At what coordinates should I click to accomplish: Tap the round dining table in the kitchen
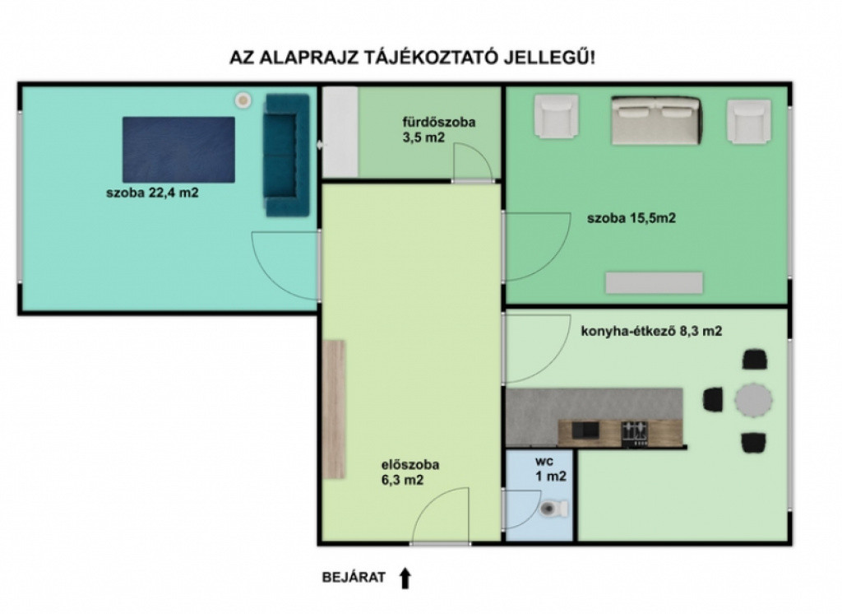coord(753,400)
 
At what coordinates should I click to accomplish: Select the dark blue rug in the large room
coord(178,150)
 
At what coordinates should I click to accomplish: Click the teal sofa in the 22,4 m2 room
coord(286,155)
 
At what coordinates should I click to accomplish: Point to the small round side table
coord(243,100)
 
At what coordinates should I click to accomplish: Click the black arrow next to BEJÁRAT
coord(405,578)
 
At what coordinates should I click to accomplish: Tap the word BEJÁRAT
coord(354,578)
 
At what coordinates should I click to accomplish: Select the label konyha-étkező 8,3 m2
coord(651,331)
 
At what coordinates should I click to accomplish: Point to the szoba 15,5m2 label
coord(631,218)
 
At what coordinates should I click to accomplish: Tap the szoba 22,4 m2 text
coord(152,193)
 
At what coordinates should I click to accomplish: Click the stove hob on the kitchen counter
coord(635,433)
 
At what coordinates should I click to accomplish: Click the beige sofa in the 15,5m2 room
coord(656,120)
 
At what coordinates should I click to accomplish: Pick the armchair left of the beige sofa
coord(557,115)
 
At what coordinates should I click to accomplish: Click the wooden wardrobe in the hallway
coord(334,409)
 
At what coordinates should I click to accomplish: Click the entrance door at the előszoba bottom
coord(441,516)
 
